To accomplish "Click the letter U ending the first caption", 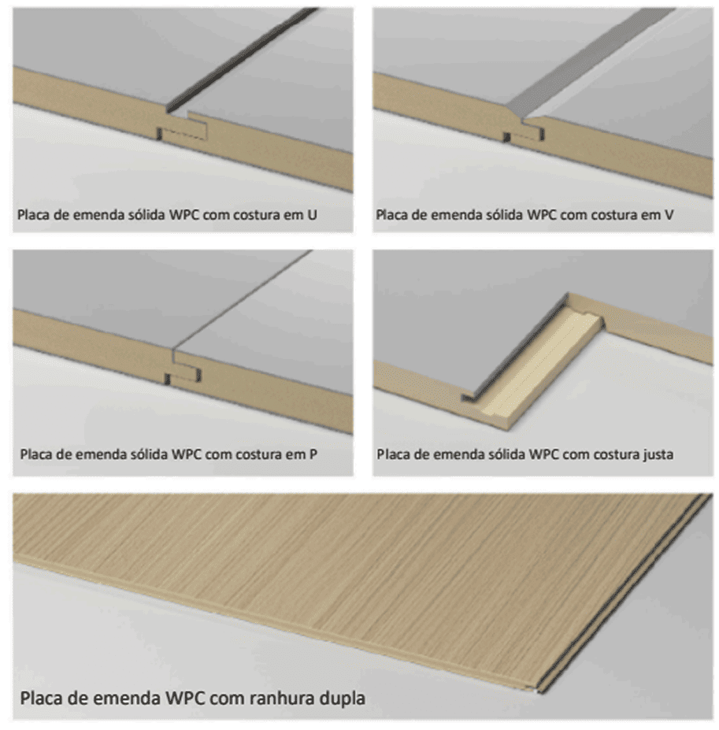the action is (312, 215).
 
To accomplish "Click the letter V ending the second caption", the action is (669, 215).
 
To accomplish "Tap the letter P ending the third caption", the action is (313, 454).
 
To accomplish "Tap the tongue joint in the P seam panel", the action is (183, 376).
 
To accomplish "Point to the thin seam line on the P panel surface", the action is (242, 302).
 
